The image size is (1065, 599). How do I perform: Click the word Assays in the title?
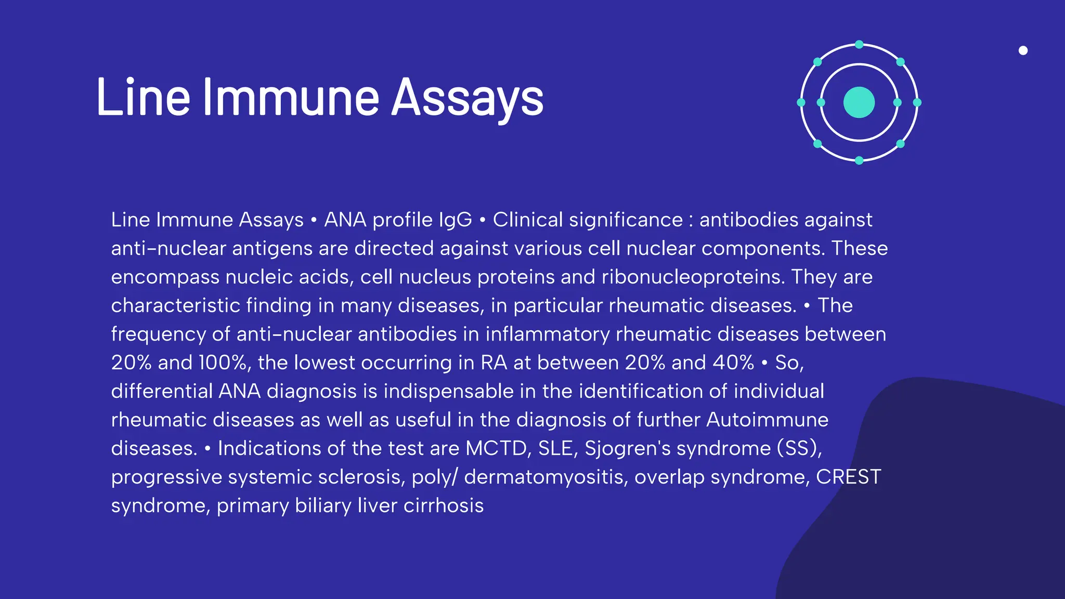pyautogui.click(x=466, y=98)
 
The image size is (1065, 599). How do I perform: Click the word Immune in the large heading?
pyautogui.click(x=291, y=98)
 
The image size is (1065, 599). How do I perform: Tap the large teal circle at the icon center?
pyautogui.click(x=859, y=102)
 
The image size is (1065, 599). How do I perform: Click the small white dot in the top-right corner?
pyautogui.click(x=1023, y=50)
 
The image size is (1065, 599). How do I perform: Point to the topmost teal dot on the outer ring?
pyautogui.click(x=859, y=45)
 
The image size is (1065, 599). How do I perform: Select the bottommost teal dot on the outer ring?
pyautogui.click(x=859, y=160)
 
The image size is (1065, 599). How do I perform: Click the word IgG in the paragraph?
pyautogui.click(x=455, y=220)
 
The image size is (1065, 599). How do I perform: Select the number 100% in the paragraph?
pyautogui.click(x=223, y=363)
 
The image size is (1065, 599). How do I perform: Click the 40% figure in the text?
pyautogui.click(x=733, y=363)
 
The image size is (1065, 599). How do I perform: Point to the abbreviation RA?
pyautogui.click(x=493, y=363)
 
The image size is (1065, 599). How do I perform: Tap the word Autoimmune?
pyautogui.click(x=767, y=420)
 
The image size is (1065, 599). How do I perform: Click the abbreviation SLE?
pyautogui.click(x=555, y=449)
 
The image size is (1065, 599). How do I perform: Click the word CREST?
pyautogui.click(x=848, y=477)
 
